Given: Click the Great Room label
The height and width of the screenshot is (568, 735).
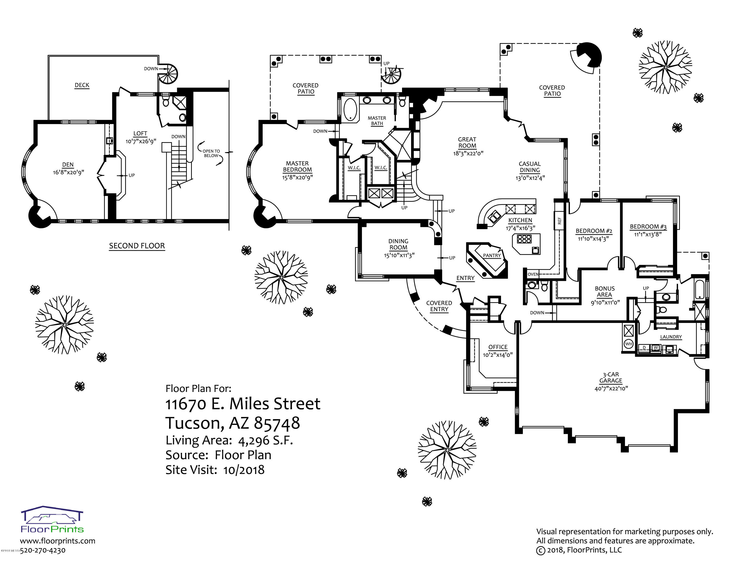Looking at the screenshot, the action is click(x=467, y=142).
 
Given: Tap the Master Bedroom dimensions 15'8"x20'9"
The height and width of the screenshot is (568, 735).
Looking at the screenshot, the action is click(x=297, y=177).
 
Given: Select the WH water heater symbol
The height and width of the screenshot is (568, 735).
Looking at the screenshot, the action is click(x=629, y=344).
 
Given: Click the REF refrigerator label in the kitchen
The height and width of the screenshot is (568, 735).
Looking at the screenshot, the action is click(x=560, y=221).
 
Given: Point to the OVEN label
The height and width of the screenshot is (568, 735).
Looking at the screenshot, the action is click(x=533, y=274).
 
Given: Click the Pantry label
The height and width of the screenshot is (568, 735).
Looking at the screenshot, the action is click(x=492, y=255).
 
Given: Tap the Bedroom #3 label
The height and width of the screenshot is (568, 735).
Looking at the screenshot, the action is click(x=648, y=227).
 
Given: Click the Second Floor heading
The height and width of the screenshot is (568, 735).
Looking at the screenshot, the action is click(x=137, y=246).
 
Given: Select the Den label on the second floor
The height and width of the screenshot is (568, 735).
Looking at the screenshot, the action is click(x=68, y=165).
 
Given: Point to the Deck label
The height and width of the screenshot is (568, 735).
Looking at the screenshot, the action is click(x=82, y=85).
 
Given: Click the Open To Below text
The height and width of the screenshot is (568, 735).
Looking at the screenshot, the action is click(x=211, y=153).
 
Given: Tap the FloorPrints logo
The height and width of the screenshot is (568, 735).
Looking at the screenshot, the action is click(x=52, y=519).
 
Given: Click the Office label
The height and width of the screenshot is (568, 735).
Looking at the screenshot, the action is click(x=498, y=347).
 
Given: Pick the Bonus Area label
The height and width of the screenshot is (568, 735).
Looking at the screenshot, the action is click(x=605, y=291).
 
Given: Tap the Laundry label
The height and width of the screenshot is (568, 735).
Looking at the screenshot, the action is click(x=671, y=337).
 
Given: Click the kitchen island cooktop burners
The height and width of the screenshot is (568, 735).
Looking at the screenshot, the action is click(x=524, y=239).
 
